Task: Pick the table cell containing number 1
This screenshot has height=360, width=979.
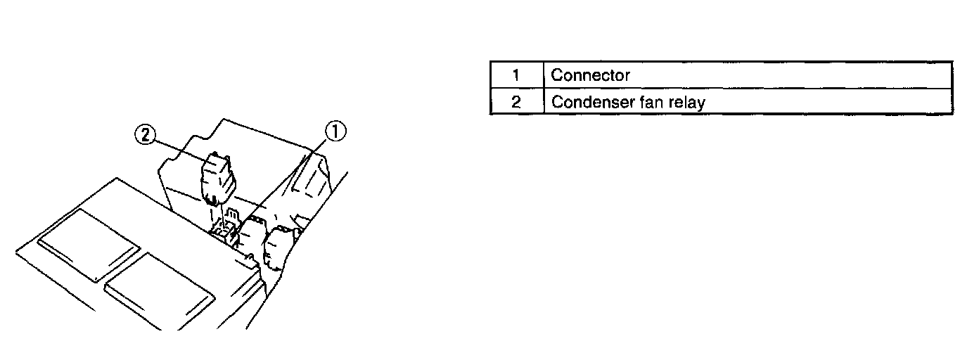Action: click(x=516, y=75)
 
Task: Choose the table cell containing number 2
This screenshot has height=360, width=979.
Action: click(x=516, y=101)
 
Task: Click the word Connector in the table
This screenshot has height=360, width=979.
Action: click(x=590, y=75)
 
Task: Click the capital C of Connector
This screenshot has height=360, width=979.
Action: click(x=556, y=75)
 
